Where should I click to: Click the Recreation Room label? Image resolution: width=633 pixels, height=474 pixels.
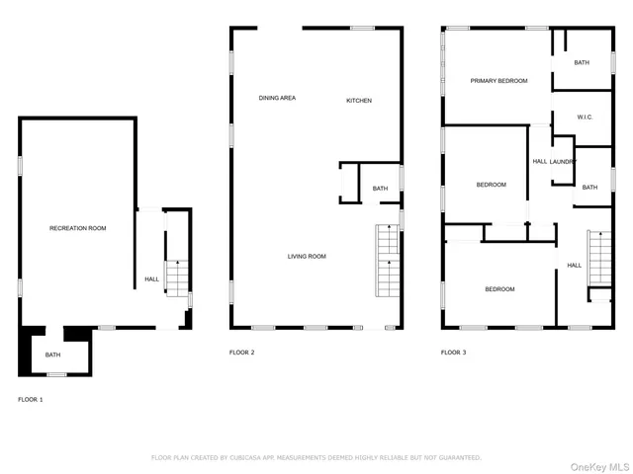point(78,228)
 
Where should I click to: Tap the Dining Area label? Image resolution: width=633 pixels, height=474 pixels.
point(277,98)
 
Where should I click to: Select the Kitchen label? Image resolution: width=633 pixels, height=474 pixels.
point(358,101)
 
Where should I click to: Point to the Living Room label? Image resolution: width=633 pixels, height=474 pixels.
point(307,257)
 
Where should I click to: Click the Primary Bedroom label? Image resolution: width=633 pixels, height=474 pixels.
point(498,81)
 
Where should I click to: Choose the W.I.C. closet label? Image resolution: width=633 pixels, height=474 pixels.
point(585,118)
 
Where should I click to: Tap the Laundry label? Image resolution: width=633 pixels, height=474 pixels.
point(564,161)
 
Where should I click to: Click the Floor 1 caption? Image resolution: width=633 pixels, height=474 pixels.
point(30,399)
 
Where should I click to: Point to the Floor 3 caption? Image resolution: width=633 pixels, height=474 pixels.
point(453,353)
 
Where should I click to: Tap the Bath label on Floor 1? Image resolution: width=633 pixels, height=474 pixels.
point(52,355)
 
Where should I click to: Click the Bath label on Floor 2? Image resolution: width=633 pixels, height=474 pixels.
point(380,189)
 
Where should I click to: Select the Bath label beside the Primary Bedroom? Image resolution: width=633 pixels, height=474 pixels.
point(582,63)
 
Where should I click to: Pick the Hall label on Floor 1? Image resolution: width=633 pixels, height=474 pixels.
point(151,279)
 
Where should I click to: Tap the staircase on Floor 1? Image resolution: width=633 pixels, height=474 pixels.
point(175,277)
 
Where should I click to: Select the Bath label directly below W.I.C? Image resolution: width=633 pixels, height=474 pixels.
point(589,188)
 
